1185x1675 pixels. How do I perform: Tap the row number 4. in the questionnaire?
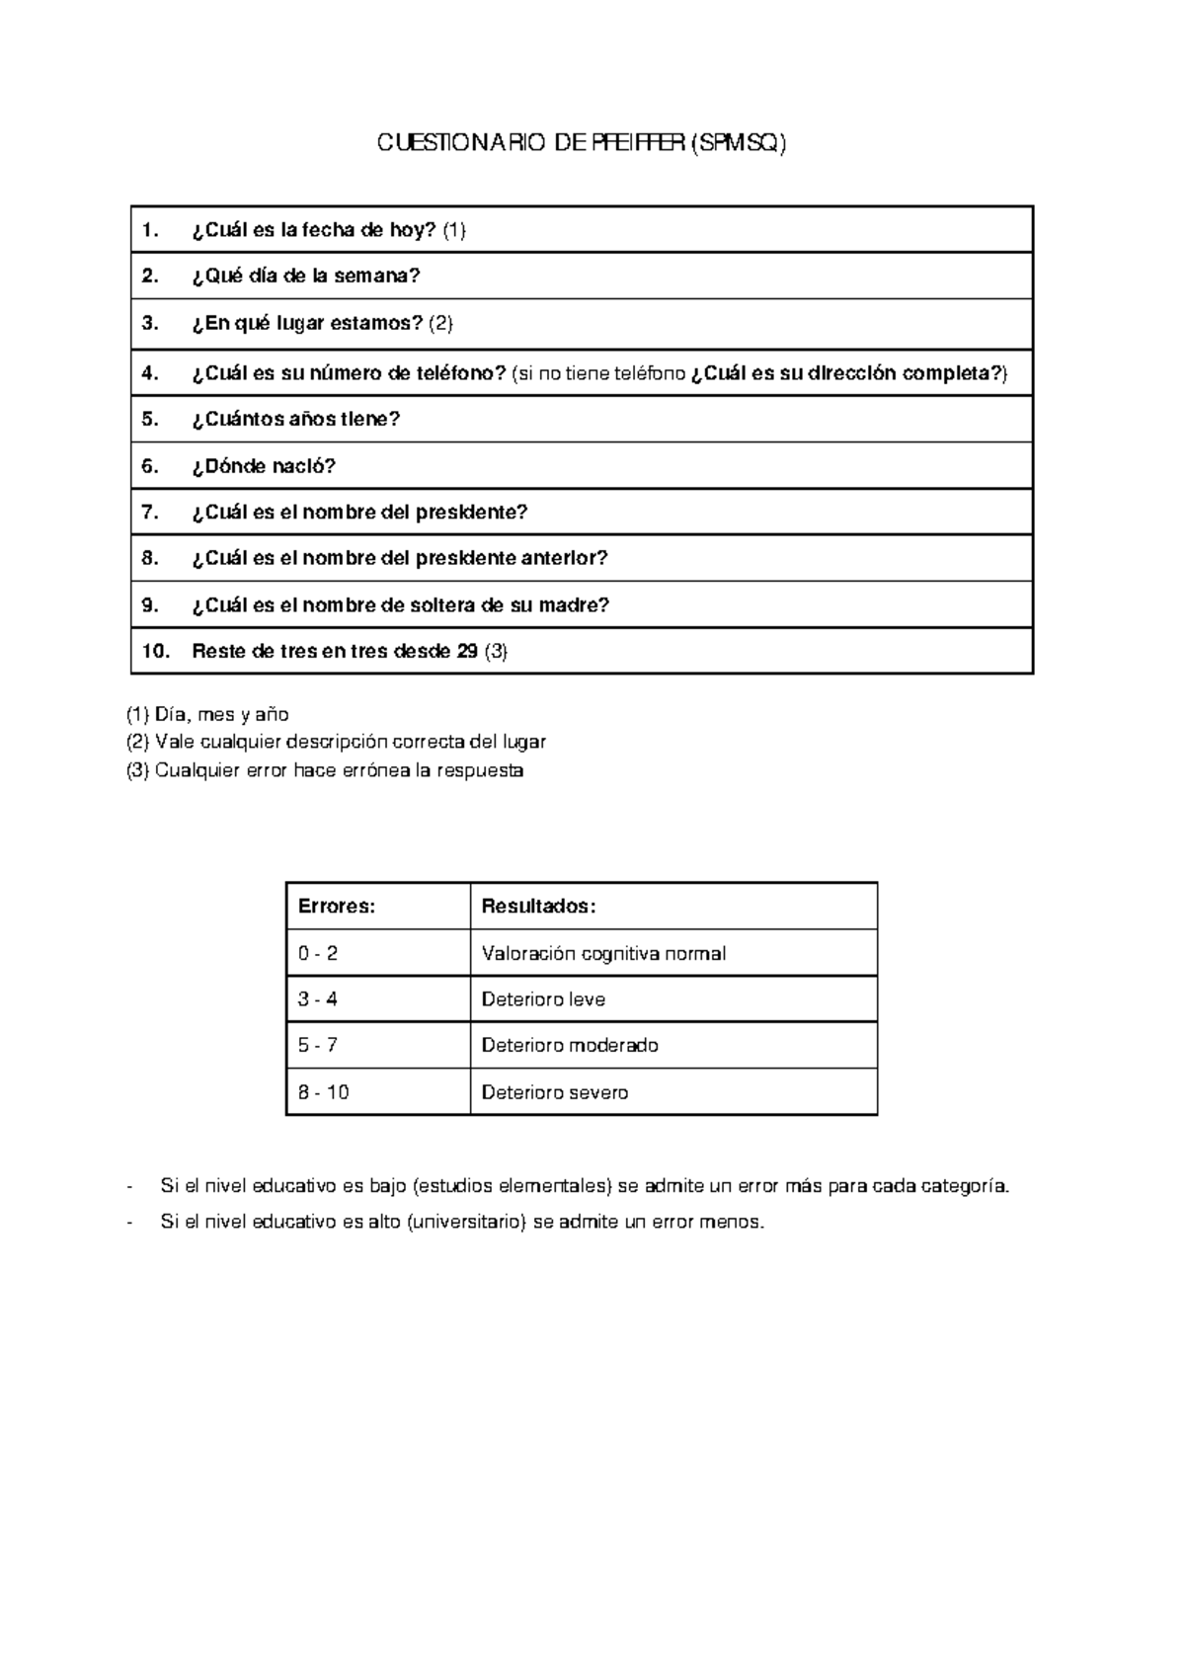tap(150, 373)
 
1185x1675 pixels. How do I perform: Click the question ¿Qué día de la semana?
tap(306, 277)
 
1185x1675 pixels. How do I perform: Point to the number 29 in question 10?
tap(468, 652)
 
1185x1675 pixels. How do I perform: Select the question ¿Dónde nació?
tap(264, 466)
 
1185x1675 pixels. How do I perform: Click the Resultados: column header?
tap(538, 907)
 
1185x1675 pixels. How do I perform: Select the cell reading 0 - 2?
tap(318, 954)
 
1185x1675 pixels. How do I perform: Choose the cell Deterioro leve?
tap(543, 999)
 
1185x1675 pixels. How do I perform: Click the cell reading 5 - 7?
tap(318, 1046)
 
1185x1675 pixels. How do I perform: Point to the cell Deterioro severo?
tap(554, 1093)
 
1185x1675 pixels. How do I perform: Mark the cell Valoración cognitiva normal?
tap(603, 954)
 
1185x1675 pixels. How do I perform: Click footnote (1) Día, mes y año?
tap(207, 715)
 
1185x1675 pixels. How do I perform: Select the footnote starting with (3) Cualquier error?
tap(325, 771)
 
